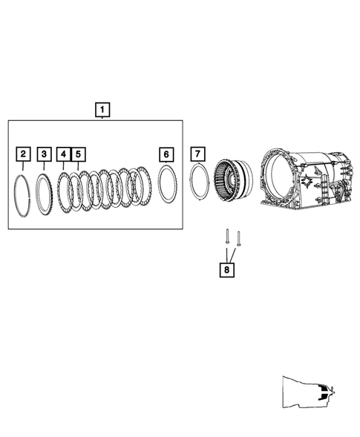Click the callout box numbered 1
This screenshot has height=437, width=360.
pyautogui.click(x=102, y=110)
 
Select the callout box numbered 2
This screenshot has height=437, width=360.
pyautogui.click(x=23, y=154)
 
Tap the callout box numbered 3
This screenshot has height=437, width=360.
pyautogui.click(x=44, y=154)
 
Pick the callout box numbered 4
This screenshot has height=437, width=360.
pyautogui.click(x=64, y=154)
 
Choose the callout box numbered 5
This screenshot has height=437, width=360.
pyautogui.click(x=79, y=154)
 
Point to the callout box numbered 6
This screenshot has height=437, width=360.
pyautogui.click(x=166, y=154)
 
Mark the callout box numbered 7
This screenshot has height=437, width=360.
pyautogui.click(x=197, y=154)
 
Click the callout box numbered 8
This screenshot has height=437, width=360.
pyautogui.click(x=226, y=270)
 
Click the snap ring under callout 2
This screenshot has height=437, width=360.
pyautogui.click(x=15, y=195)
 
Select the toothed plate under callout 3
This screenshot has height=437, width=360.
pyautogui.click(x=36, y=194)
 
